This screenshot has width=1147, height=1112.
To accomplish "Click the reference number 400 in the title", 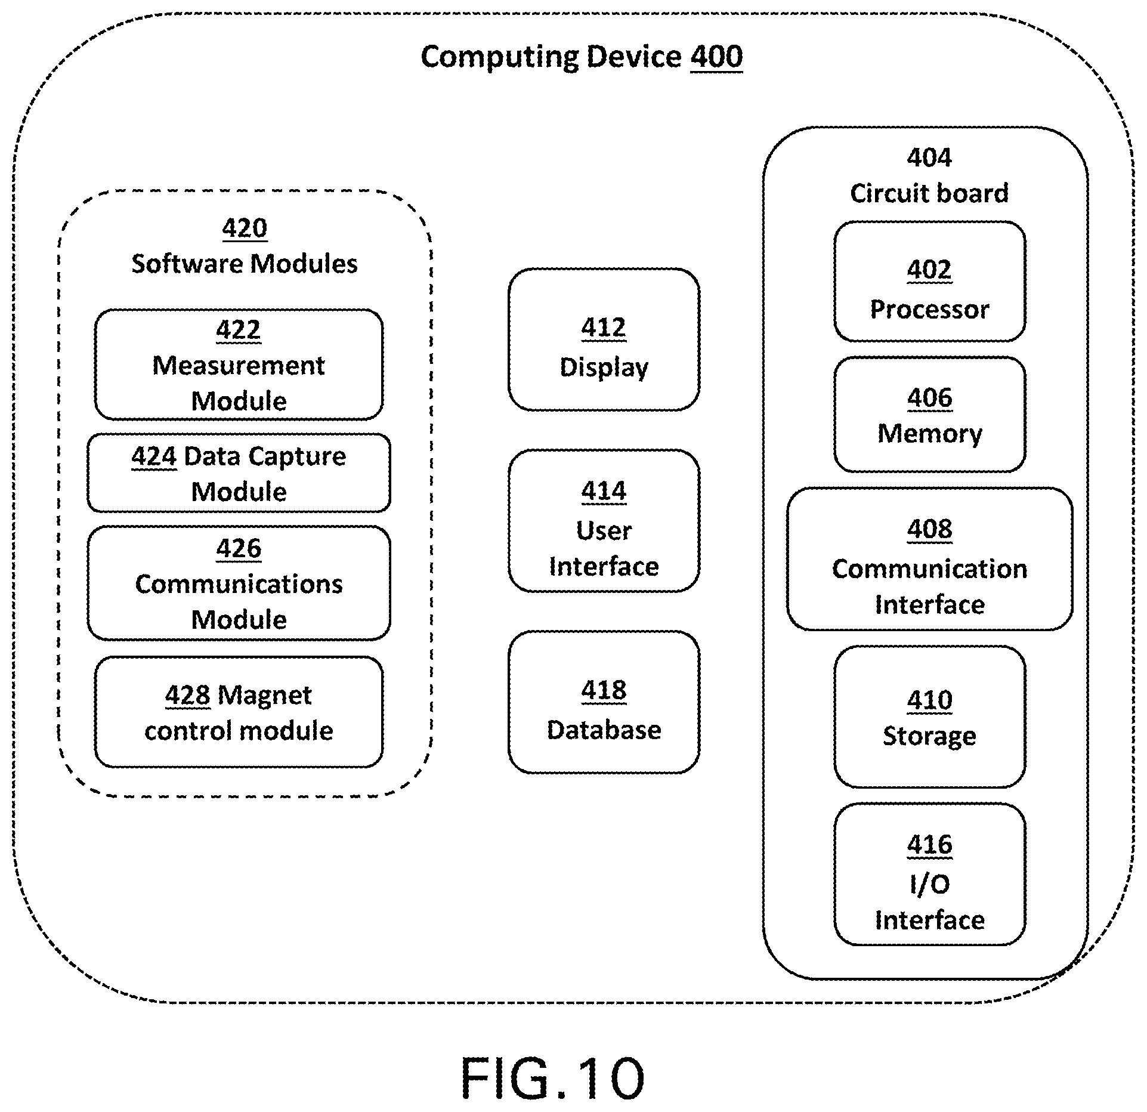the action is click(716, 57).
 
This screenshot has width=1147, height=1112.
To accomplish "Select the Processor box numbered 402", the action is click(929, 282).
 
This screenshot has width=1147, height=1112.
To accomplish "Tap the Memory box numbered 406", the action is click(929, 415).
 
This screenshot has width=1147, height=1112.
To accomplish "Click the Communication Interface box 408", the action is click(929, 559).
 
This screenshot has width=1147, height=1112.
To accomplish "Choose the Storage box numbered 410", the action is click(929, 716).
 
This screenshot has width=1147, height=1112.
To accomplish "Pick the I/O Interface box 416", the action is click(929, 875).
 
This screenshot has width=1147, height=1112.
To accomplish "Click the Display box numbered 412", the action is click(604, 339).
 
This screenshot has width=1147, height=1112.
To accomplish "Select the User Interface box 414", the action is click(604, 521).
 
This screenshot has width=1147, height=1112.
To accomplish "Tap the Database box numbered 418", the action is click(604, 702).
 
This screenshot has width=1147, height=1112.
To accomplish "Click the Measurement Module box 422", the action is click(239, 365).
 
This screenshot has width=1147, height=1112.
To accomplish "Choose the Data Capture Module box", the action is click(239, 473).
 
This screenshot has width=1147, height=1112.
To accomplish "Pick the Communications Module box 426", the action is click(239, 583).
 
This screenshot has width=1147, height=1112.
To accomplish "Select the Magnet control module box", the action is click(239, 712).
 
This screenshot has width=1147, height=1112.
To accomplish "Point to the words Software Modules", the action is click(245, 264).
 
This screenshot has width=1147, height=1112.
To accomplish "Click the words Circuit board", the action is click(929, 193).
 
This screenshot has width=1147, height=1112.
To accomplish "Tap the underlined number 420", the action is click(245, 228).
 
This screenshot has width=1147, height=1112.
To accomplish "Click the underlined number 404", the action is click(929, 157).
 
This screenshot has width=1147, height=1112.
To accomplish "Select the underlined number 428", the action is click(188, 695).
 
